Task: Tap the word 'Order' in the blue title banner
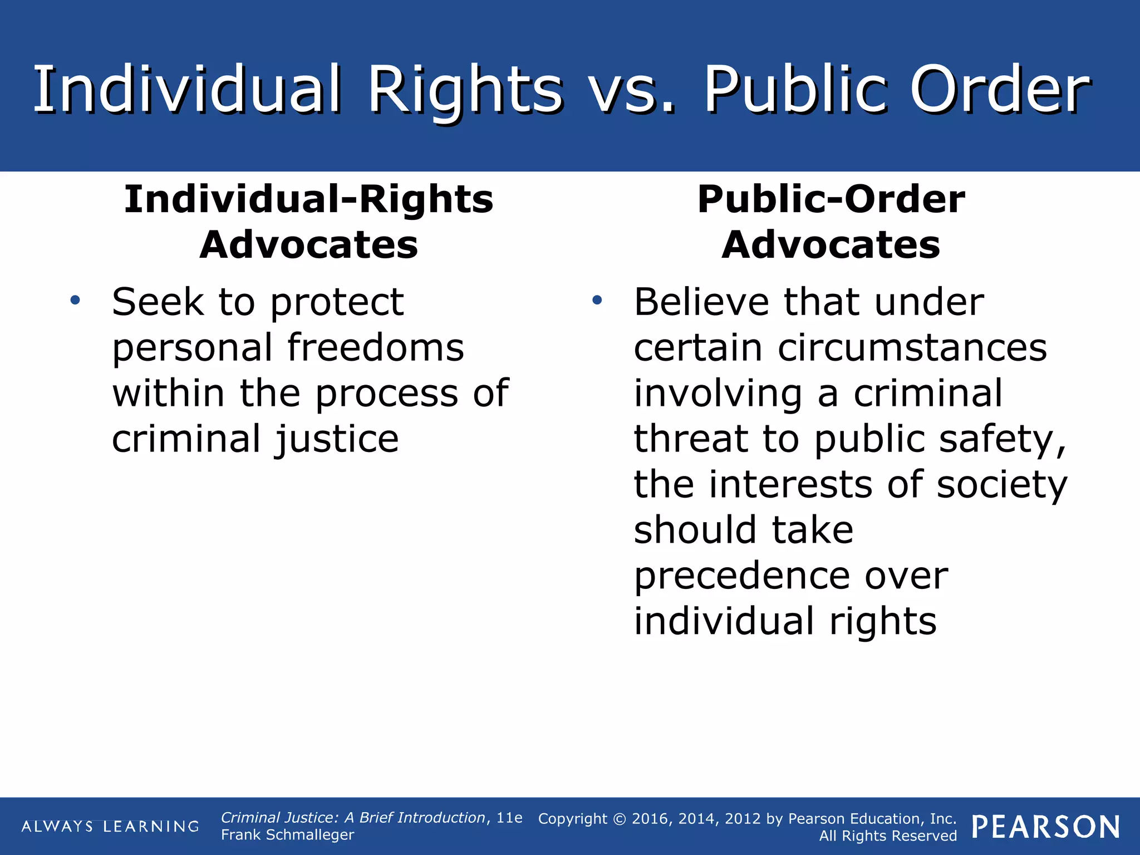(1000, 91)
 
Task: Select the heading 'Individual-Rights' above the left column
(308, 199)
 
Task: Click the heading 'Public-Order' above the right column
(831, 199)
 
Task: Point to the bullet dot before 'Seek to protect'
(75, 301)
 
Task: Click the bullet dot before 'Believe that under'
(597, 301)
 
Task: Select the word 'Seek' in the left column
(158, 302)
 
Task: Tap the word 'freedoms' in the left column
(376, 348)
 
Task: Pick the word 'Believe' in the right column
(701, 302)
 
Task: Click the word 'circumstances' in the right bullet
(912, 348)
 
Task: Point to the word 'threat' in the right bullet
(690, 439)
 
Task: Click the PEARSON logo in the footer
(1046, 827)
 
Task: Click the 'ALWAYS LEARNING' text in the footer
(110, 827)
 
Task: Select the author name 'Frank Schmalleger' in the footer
(287, 835)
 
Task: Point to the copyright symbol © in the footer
(620, 819)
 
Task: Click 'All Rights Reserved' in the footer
(888, 836)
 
